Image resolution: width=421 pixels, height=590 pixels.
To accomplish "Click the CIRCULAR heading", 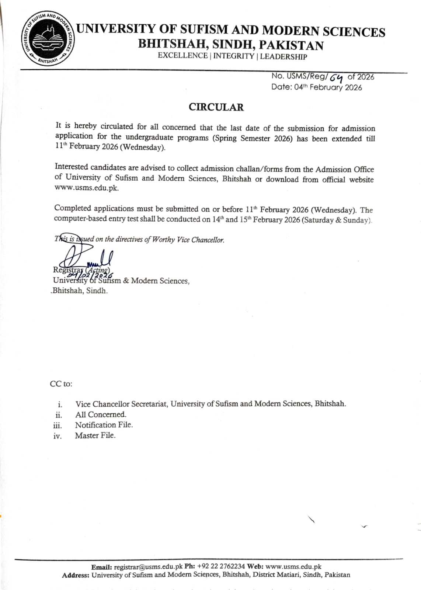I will pyautogui.click(x=216, y=107).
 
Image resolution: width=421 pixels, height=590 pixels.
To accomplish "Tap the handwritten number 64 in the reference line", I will pyautogui.click(x=336, y=77).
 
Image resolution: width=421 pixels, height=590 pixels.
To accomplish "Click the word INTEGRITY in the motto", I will pyautogui.click(x=234, y=56).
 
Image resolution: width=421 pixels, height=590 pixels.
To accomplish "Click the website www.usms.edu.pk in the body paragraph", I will pyautogui.click(x=87, y=187).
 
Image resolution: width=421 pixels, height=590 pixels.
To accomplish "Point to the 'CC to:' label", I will pyautogui.click(x=61, y=383).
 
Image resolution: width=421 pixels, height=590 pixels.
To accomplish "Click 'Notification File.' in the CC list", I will pyautogui.click(x=104, y=425).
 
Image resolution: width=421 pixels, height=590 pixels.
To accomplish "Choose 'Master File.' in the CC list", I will pyautogui.click(x=95, y=435).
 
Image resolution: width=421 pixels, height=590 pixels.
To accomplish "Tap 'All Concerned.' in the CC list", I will pyautogui.click(x=101, y=414).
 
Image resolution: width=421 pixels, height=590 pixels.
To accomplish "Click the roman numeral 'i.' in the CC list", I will pyautogui.click(x=60, y=405).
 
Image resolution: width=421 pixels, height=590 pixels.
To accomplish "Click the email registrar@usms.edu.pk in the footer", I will pyautogui.click(x=148, y=567).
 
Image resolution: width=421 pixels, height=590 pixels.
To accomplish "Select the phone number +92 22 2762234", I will pyautogui.click(x=221, y=567).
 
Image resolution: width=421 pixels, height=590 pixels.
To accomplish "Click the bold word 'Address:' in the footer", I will pyautogui.click(x=76, y=575).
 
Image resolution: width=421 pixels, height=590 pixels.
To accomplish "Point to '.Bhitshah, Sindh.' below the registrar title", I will pyautogui.click(x=79, y=291).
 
